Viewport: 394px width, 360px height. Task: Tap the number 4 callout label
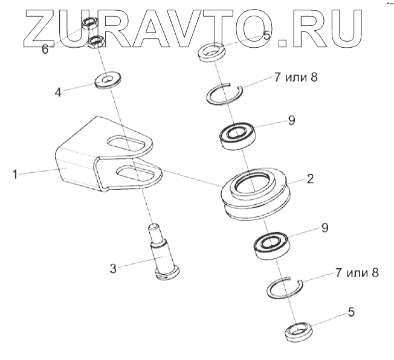pyautogui.click(x=58, y=94)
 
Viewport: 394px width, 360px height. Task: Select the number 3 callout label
pyautogui.click(x=113, y=268)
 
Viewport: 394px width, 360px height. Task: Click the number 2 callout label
pyautogui.click(x=310, y=179)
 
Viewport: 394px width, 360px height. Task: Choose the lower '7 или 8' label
pyautogui.click(x=357, y=272)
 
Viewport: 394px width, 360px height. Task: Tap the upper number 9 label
pyautogui.click(x=291, y=120)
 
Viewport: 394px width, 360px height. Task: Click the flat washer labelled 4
pyautogui.click(x=107, y=80)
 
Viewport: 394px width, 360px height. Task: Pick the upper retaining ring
pyautogui.click(x=225, y=93)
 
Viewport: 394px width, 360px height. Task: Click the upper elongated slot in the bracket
pyautogui.click(x=127, y=143)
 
